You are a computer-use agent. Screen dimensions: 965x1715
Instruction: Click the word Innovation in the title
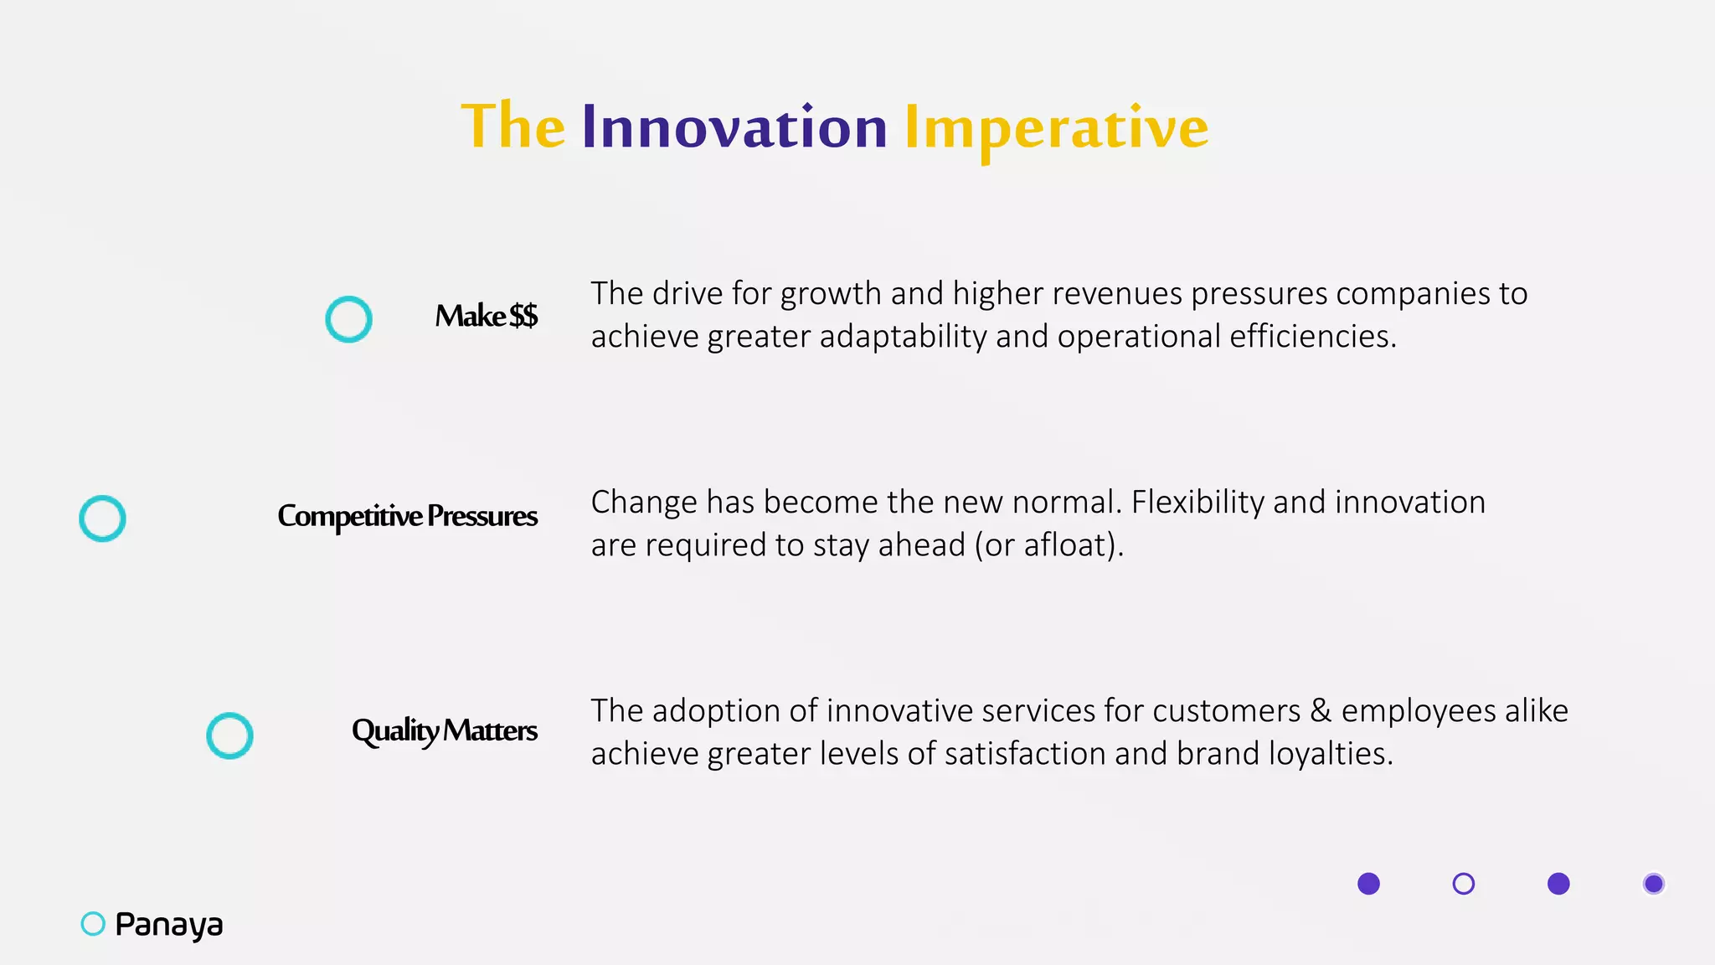click(734, 128)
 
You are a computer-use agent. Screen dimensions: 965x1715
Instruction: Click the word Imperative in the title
click(1056, 128)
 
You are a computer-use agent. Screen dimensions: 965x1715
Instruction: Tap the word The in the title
click(513, 126)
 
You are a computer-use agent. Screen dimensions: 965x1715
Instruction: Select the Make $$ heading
click(486, 317)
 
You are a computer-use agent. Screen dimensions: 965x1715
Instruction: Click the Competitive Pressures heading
click(407, 516)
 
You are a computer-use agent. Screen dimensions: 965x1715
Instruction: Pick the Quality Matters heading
click(444, 730)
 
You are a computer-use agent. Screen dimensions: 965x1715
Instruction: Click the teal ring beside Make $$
click(348, 319)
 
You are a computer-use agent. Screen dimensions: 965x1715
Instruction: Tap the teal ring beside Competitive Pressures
click(102, 519)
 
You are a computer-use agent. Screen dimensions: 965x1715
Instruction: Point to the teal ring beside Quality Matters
click(229, 735)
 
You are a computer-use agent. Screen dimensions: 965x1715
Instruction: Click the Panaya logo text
click(169, 925)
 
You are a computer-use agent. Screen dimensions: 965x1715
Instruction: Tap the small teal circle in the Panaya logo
click(93, 924)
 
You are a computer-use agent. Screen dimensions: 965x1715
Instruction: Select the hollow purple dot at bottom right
click(1463, 884)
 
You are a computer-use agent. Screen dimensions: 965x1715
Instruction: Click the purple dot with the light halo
click(1653, 884)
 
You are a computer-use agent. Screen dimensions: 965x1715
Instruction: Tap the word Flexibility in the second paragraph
click(1197, 503)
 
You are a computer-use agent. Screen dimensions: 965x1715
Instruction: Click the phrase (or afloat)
click(1048, 545)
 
